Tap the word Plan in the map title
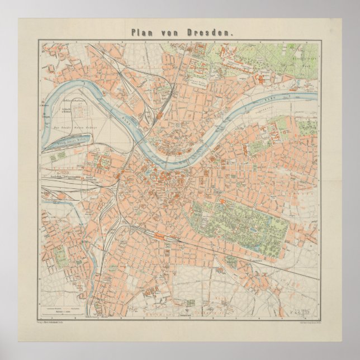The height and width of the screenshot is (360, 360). tap(142, 32)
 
